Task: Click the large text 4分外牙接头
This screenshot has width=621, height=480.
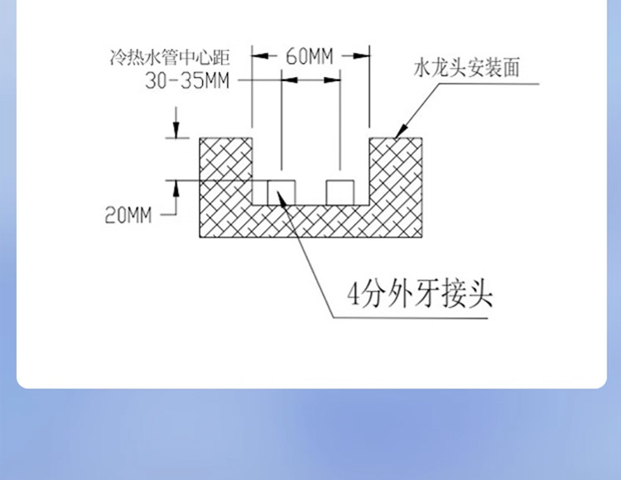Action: [x=420, y=294]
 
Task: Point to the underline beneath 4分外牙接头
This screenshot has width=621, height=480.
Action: [x=414, y=318]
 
